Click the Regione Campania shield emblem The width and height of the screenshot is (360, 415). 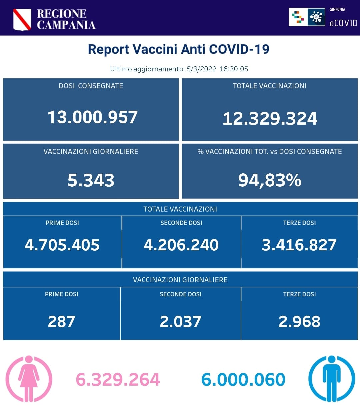[x=22, y=19]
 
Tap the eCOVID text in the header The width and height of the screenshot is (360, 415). [x=343, y=23]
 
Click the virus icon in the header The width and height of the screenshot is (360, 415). [x=316, y=17]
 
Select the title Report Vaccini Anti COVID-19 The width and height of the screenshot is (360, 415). [x=178, y=49]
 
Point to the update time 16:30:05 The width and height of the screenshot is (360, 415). [x=234, y=69]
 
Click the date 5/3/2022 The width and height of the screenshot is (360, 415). [x=201, y=69]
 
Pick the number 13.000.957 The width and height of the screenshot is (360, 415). [x=92, y=117]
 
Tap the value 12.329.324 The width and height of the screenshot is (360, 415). [x=270, y=118]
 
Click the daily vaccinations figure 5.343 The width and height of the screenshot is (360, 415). [x=91, y=180]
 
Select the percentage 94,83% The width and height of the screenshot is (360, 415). [x=270, y=180]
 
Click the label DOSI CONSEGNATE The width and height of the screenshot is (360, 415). [x=91, y=86]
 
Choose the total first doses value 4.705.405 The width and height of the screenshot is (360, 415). [x=62, y=245]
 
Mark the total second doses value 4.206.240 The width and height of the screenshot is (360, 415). [x=181, y=245]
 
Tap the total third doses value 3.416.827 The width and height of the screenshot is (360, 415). [x=299, y=245]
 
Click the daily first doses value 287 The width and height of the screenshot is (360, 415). [x=61, y=322]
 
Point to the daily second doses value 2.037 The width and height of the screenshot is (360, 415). [x=180, y=322]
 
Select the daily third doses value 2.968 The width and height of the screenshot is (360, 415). [x=299, y=322]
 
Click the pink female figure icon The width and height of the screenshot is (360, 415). [x=29, y=379]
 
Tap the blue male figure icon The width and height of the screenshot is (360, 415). [x=331, y=379]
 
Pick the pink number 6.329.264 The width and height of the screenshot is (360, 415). [x=118, y=380]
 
